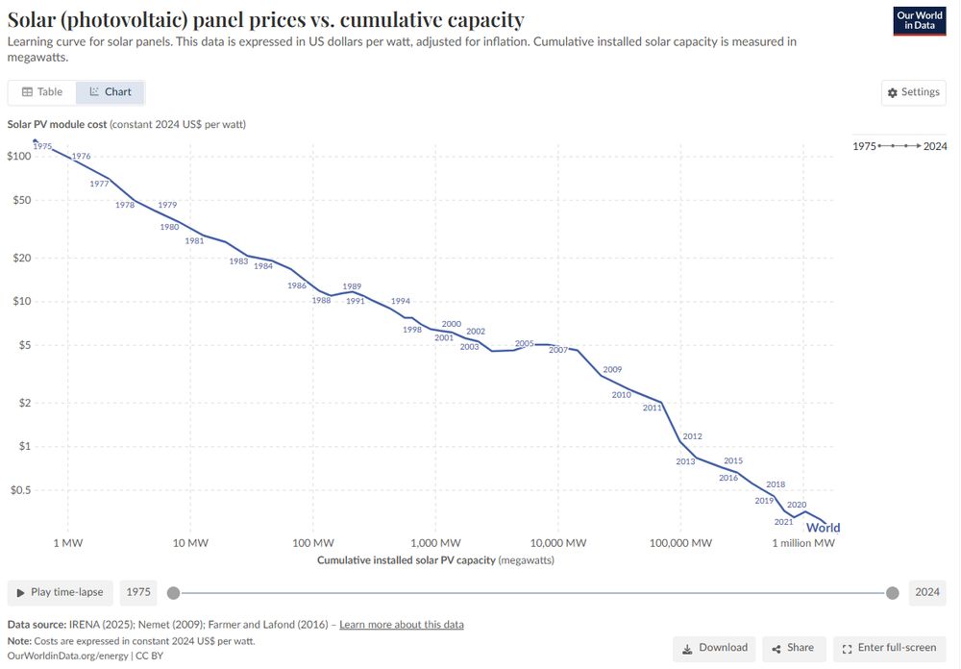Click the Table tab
point(42,92)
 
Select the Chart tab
point(111,92)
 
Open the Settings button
point(913,92)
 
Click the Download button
point(714,648)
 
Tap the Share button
point(793,648)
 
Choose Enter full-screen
point(889,648)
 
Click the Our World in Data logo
point(920,20)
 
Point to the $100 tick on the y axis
point(19,156)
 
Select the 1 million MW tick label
point(803,543)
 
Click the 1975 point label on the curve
point(42,146)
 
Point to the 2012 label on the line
point(692,436)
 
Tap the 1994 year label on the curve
point(400,301)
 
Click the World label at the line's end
point(823,528)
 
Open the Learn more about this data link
point(401,625)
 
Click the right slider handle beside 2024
point(892,592)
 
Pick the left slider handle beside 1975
point(173,592)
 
